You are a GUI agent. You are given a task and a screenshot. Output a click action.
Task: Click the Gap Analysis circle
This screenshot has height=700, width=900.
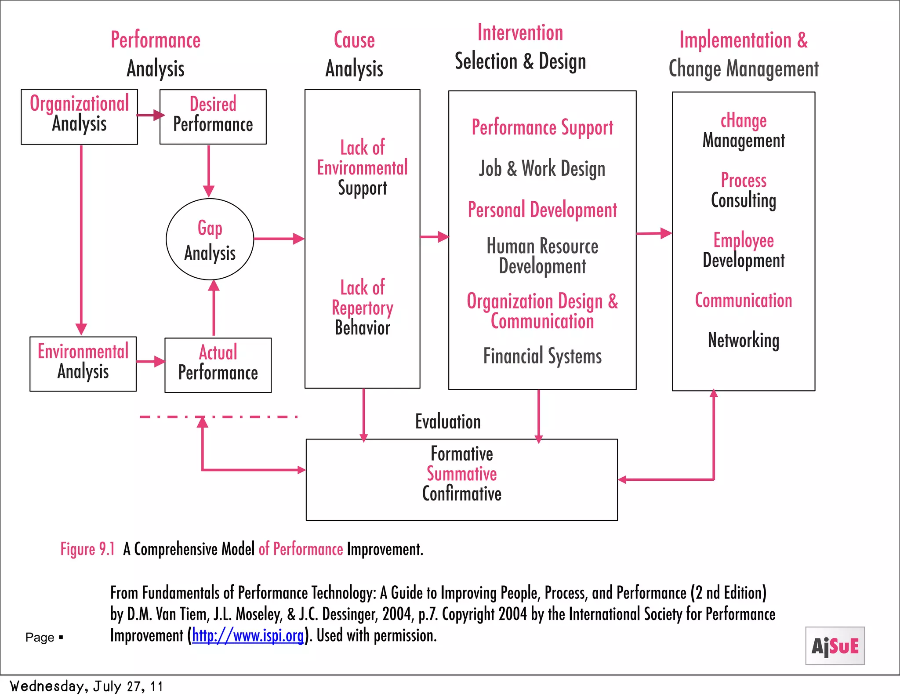pos(210,239)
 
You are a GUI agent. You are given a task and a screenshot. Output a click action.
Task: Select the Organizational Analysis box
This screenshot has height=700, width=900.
pos(79,117)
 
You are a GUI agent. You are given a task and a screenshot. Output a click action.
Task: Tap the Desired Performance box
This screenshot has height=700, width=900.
pos(213,117)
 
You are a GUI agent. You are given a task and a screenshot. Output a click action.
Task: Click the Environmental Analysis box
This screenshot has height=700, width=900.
pos(83,364)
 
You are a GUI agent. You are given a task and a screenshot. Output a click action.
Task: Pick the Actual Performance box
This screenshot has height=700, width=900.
pos(218,365)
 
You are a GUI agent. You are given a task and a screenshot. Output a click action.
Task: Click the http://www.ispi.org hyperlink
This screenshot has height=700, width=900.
pos(248,635)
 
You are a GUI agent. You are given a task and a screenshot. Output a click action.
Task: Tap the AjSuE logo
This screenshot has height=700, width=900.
pos(835,646)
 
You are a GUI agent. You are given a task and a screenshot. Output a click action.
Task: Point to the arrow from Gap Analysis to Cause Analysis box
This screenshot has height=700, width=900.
pos(279,239)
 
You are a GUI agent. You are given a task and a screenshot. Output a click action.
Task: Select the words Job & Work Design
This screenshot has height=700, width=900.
pos(542,169)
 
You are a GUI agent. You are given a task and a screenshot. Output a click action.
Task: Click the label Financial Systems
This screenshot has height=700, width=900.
pos(542,356)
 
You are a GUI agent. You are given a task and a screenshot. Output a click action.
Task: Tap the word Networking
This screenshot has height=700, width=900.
pos(743,340)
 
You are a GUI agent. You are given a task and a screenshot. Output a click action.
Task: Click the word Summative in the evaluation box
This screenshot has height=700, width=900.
pos(461,474)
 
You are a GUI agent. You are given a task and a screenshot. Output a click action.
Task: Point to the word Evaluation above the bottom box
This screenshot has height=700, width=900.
pos(448,421)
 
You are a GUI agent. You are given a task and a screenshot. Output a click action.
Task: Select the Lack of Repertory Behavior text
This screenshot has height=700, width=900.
pos(362,308)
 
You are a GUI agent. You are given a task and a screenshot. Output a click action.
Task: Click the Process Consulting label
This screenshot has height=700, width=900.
pos(743,190)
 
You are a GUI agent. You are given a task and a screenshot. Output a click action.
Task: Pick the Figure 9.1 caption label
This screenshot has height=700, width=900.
pos(87,549)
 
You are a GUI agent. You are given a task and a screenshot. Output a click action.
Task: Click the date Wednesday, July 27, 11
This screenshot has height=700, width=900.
pos(86,686)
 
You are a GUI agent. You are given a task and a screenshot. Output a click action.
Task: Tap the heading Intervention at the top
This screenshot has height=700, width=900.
pos(520,33)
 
